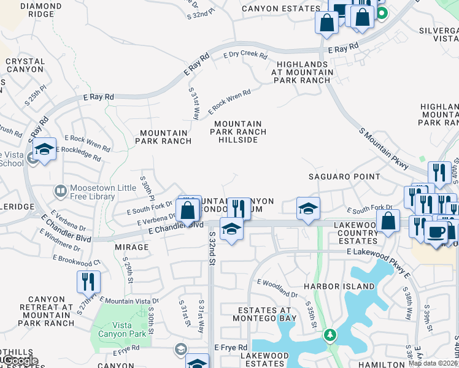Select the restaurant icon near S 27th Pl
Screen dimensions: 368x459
click(x=88, y=282)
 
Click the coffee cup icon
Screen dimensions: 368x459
click(x=436, y=232)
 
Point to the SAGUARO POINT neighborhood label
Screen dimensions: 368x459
click(x=344, y=177)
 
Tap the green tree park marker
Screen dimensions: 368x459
click(x=330, y=335)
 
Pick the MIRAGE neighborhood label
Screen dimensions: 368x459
click(x=131, y=247)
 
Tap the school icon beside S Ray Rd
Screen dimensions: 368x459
click(x=44, y=150)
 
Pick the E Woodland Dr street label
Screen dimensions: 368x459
click(x=277, y=288)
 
